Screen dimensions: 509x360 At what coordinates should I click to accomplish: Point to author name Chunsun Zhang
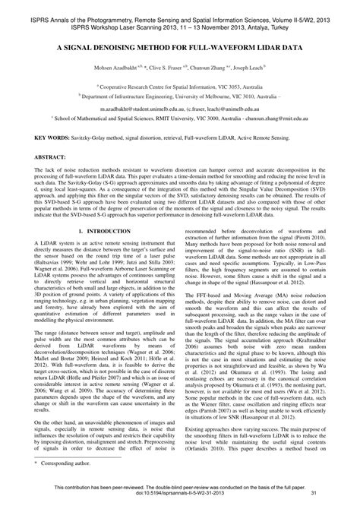click(219, 67)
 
